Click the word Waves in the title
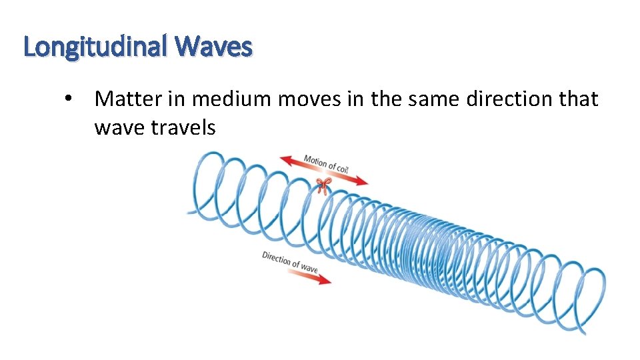pos(215,47)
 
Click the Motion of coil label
pos(326,163)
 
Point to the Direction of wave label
pos(290,261)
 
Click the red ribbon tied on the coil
pos(323,185)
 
